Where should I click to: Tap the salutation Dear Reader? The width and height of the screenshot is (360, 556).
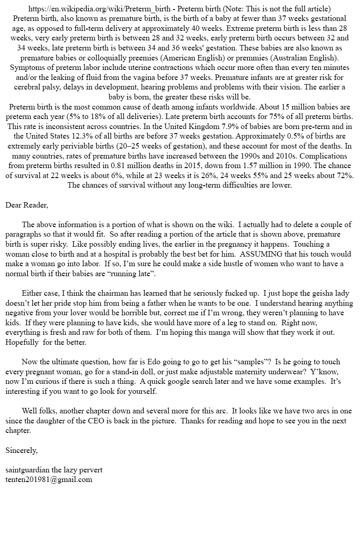coord(27,205)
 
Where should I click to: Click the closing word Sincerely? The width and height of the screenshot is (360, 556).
coord(21,450)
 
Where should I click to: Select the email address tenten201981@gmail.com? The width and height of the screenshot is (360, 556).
coord(49,479)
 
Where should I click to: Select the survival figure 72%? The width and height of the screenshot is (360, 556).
coord(345,175)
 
